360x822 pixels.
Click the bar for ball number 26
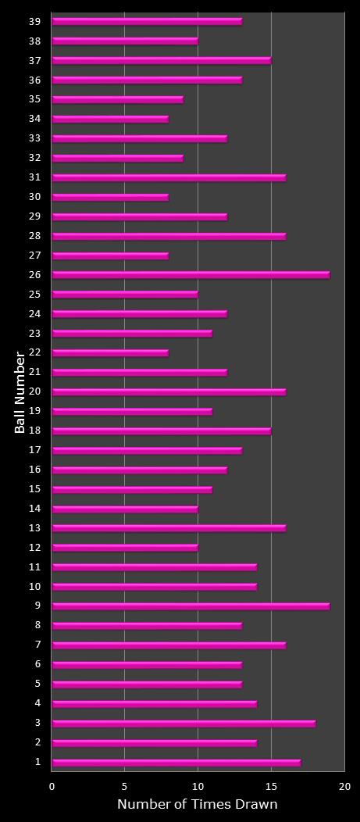click(x=191, y=275)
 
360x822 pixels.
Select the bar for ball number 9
click(x=191, y=606)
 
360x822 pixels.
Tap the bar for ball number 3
click(x=184, y=724)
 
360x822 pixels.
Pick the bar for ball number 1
click(x=176, y=763)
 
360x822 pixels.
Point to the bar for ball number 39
click(x=147, y=22)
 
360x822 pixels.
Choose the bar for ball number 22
click(x=110, y=353)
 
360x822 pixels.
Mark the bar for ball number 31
click(x=169, y=177)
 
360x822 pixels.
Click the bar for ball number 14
click(x=125, y=509)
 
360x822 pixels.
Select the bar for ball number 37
click(x=162, y=60)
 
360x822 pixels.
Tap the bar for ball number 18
click(x=162, y=431)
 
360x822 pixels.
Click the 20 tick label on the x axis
click(x=344, y=787)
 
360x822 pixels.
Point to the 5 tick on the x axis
click(x=125, y=787)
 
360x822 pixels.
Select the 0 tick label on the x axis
click(x=52, y=787)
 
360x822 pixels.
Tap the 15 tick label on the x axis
click(x=271, y=787)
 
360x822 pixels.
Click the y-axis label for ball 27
click(x=34, y=256)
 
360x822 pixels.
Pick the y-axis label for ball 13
click(x=34, y=528)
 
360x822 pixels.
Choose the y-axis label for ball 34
click(x=34, y=119)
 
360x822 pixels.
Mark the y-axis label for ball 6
click(x=37, y=665)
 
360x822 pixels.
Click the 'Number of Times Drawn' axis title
click(x=197, y=805)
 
